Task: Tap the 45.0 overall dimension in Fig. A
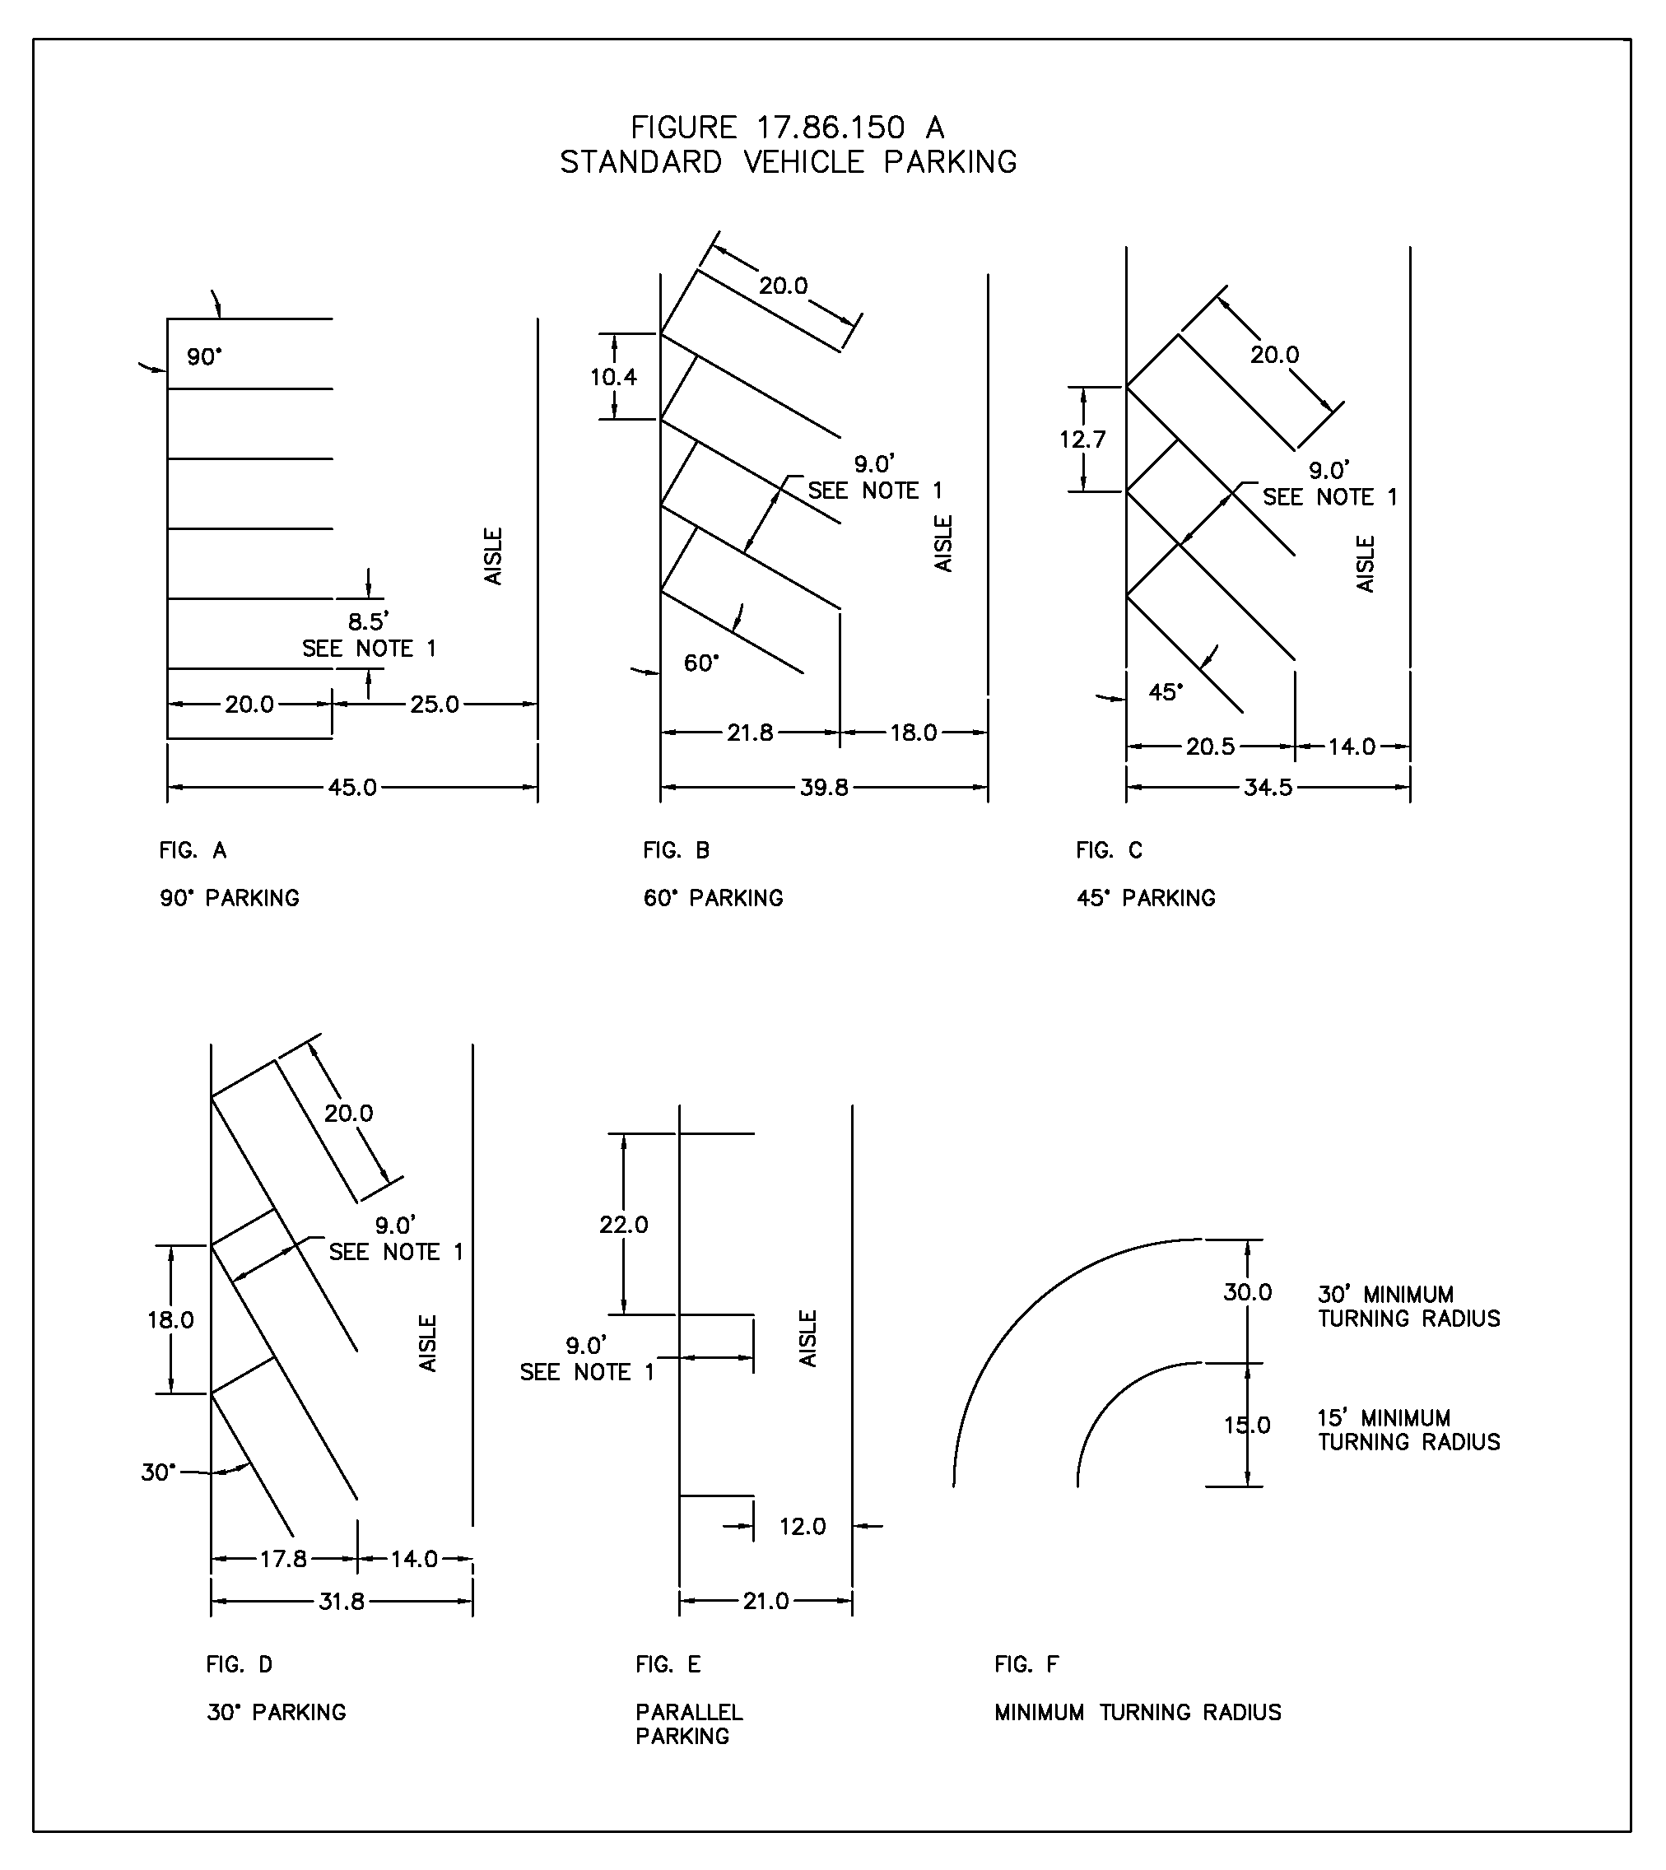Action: [352, 787]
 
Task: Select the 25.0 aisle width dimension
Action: [434, 704]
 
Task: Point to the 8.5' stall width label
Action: [368, 622]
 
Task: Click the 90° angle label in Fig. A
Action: [204, 357]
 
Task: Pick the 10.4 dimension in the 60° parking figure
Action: [613, 377]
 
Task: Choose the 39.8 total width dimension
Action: [824, 787]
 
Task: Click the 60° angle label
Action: [701, 663]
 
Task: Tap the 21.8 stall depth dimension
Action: [750, 733]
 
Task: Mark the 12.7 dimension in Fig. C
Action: [1083, 440]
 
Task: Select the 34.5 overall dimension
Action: [1268, 787]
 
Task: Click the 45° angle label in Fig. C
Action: [1166, 692]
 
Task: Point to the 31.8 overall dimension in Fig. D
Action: [342, 1601]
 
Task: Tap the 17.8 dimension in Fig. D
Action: [283, 1559]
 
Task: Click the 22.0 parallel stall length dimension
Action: [623, 1225]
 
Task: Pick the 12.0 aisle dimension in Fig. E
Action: [802, 1526]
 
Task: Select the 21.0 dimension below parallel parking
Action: [766, 1601]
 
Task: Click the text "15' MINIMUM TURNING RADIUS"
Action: [1408, 1430]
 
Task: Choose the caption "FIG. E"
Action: [668, 1664]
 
